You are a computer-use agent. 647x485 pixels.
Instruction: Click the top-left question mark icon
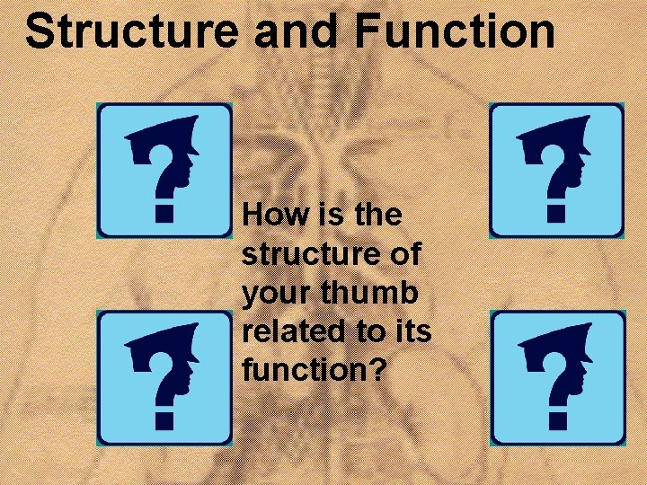pyautogui.click(x=164, y=170)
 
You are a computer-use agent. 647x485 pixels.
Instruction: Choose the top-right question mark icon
pyautogui.click(x=556, y=170)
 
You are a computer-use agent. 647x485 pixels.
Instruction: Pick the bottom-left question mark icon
pyautogui.click(x=164, y=378)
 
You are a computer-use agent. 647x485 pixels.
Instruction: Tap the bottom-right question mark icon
pyautogui.click(x=558, y=378)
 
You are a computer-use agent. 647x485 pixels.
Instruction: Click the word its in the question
pyautogui.click(x=412, y=332)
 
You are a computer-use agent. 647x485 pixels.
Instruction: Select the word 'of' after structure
pyautogui.click(x=404, y=255)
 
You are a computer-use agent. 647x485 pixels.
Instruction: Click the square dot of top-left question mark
pyautogui.click(x=164, y=214)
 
